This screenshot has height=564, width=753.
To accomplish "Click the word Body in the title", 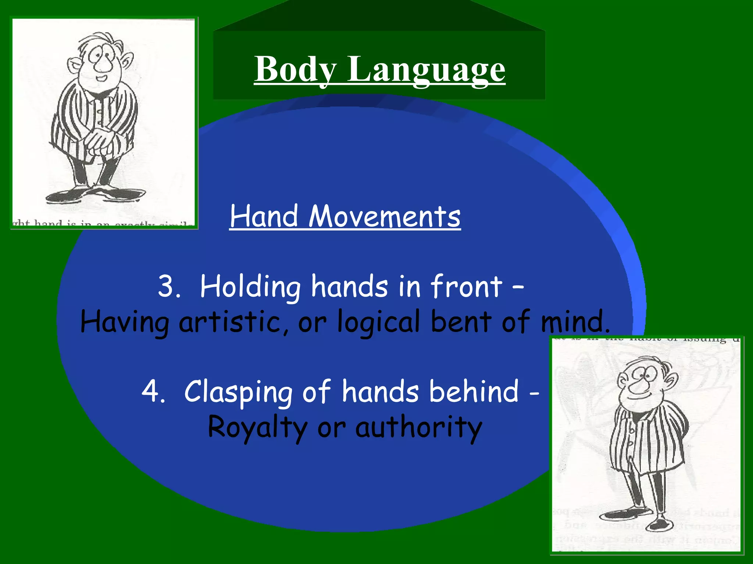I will tap(295, 69).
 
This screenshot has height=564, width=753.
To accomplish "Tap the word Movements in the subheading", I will tap(384, 217).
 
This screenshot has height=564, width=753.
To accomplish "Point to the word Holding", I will tap(250, 287).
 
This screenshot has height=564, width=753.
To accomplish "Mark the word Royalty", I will tap(257, 427).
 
